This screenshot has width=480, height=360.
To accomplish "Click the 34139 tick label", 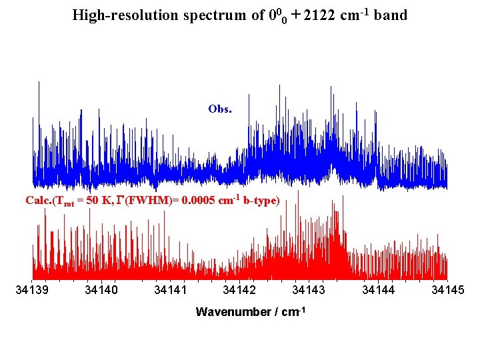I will coord(33,290).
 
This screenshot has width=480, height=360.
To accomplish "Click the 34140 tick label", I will coord(101,290).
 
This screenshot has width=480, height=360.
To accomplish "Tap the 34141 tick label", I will coord(171,290).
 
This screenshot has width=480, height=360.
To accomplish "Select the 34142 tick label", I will coord(239,290).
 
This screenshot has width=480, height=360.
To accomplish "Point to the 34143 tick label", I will coord(309,290).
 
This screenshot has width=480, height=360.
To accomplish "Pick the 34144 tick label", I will coord(378,290).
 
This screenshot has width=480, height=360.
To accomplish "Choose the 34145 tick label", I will coord(448,290).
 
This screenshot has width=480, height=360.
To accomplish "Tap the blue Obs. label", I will coord(220,109).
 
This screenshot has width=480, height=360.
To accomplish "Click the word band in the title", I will coord(391,15).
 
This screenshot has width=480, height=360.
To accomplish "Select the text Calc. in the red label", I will coord(39,201).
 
